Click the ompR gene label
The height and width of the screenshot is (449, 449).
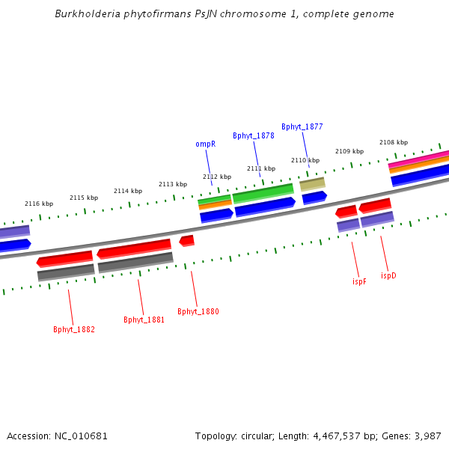pyautogui.click(x=206, y=144)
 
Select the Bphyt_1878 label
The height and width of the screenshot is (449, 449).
pyautogui.click(x=254, y=135)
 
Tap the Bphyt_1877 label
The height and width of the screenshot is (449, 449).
pyautogui.click(x=302, y=126)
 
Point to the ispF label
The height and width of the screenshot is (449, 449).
pyautogui.click(x=359, y=281)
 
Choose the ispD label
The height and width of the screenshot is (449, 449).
pyautogui.click(x=388, y=275)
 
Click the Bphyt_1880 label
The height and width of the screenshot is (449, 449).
pyautogui.click(x=198, y=311)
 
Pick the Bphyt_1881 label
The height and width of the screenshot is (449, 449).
pyautogui.click(x=144, y=320)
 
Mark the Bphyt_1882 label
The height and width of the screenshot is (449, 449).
pyautogui.click(x=74, y=329)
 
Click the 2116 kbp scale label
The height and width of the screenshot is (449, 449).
pyautogui.click(x=39, y=204)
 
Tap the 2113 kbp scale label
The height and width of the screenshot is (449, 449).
pyautogui.click(x=173, y=184)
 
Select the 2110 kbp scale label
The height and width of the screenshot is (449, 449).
pyautogui.click(x=305, y=160)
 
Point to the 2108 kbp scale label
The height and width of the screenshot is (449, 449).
pyautogui.click(x=394, y=142)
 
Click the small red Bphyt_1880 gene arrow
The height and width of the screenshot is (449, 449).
pyautogui.click(x=187, y=240)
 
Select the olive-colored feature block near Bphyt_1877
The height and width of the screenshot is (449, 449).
pyautogui.click(x=312, y=183)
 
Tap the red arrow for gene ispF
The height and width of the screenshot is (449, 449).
pyautogui.click(x=346, y=212)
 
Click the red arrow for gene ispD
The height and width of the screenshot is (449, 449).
pyautogui.click(x=375, y=205)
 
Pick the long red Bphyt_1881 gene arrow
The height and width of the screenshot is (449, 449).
pyautogui.click(x=134, y=248)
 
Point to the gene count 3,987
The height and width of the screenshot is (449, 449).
pyautogui.click(x=427, y=436)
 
